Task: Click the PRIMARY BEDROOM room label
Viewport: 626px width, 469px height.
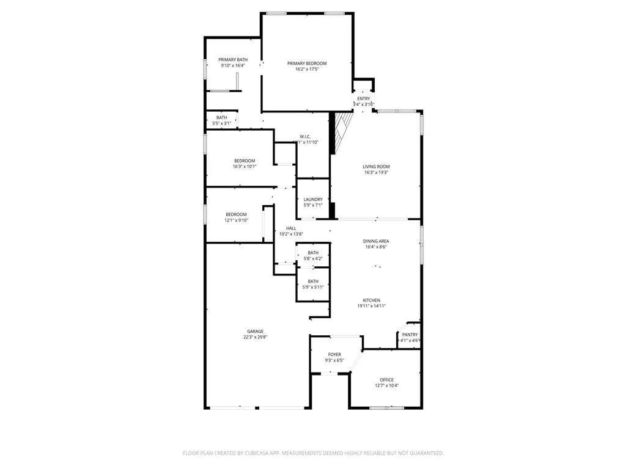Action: pos(307,64)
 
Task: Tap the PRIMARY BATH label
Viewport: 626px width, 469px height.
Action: pos(233,59)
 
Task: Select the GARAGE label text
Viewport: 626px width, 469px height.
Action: pos(255,332)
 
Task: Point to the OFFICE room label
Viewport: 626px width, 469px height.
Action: pos(386,380)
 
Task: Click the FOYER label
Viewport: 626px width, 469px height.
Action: pos(334,354)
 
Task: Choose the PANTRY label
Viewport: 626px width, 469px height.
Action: pos(410,335)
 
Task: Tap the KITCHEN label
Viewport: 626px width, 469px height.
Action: pos(372,300)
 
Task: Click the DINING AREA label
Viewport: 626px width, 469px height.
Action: pos(376,241)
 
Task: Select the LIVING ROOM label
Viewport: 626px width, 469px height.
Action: pos(376,167)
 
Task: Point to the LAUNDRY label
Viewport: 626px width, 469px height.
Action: pos(313,199)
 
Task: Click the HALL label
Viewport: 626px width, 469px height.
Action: pos(291,228)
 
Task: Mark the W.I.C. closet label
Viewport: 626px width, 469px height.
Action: pos(306,136)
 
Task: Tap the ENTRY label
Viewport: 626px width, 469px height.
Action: pos(363,99)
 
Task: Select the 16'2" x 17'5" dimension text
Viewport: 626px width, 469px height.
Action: pos(307,70)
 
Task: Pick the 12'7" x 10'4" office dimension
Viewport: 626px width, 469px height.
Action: pos(386,386)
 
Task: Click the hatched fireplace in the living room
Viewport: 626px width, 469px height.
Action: pos(342,131)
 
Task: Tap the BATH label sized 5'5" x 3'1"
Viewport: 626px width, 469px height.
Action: pos(221,118)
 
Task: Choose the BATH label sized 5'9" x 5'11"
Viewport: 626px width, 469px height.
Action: pos(313,282)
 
